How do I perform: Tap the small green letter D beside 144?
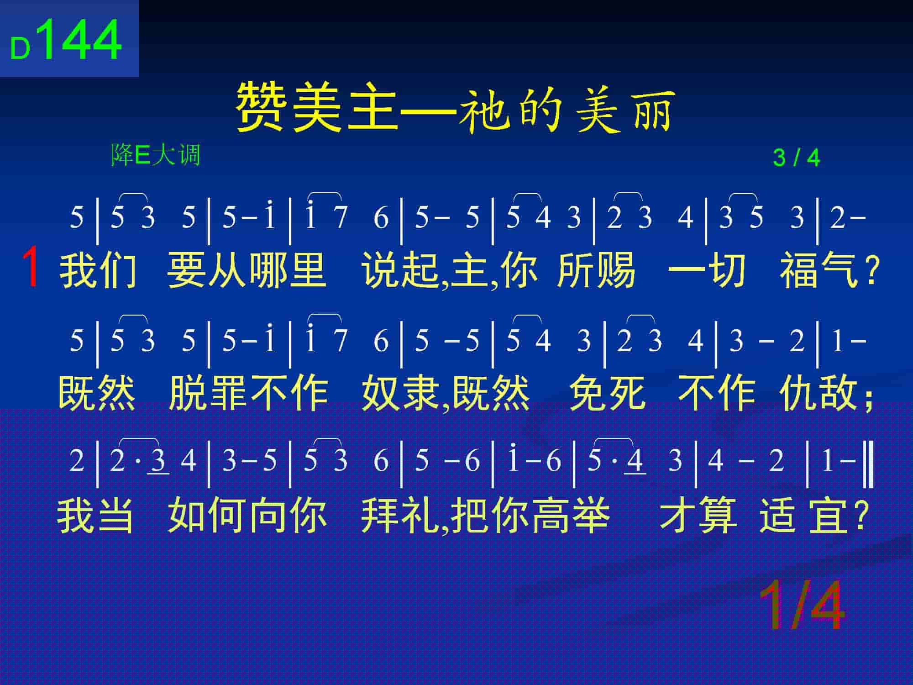20,49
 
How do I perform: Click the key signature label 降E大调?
156,155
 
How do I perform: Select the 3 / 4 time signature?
797,158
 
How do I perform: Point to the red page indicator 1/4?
802,606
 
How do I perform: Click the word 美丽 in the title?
626,110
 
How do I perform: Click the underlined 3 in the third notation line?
158,460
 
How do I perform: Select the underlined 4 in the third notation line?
635,460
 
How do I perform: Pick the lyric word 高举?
570,515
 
